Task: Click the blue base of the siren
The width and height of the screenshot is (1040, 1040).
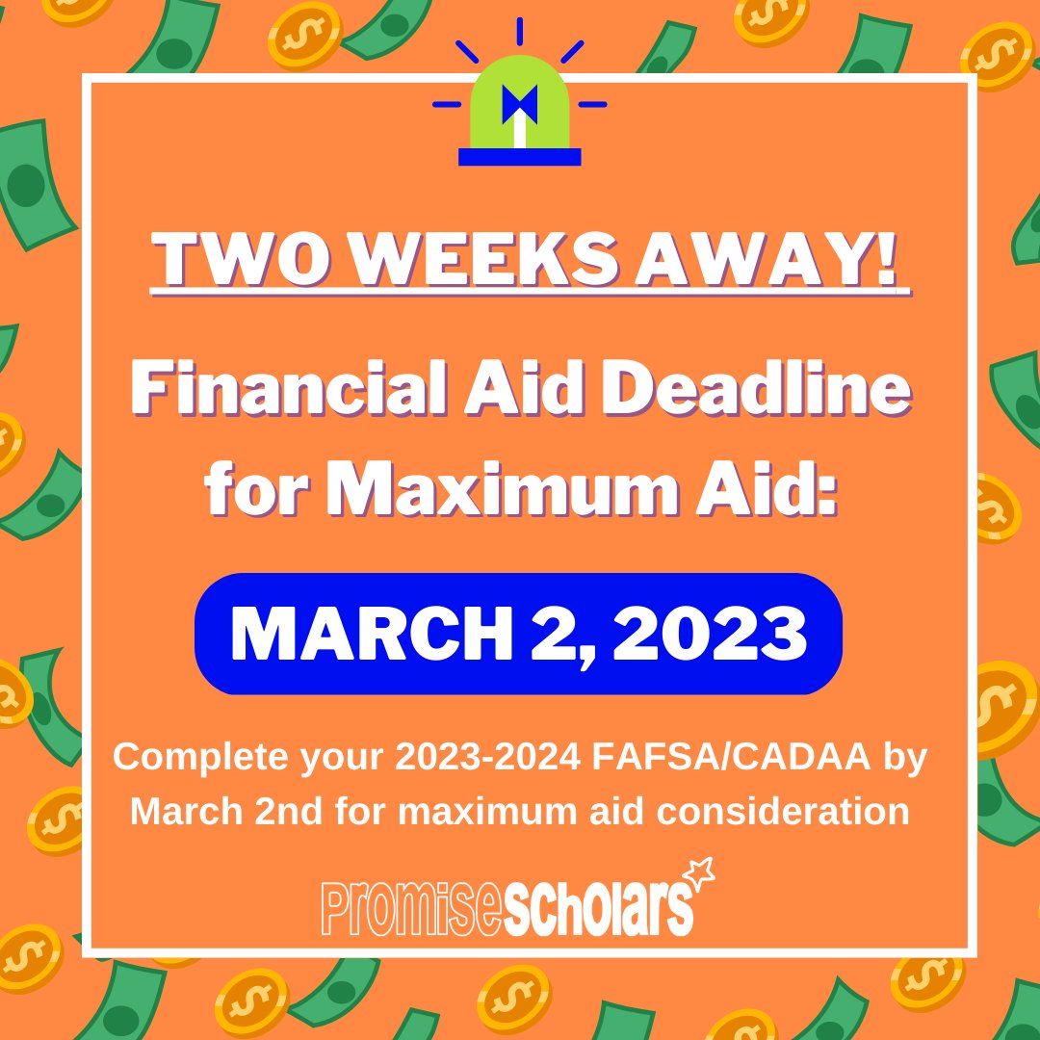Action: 519,156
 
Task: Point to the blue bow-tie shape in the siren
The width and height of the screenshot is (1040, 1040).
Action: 519,104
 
